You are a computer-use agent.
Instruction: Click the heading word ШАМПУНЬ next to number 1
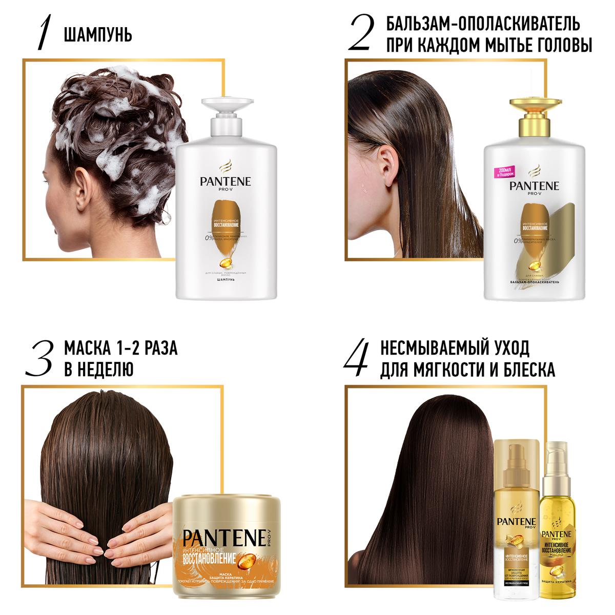[x=98, y=35]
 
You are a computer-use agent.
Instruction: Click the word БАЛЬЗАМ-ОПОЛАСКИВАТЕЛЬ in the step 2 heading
[x=483, y=24]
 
